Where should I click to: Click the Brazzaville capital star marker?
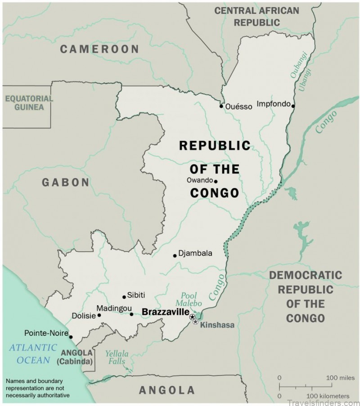coord(193,317)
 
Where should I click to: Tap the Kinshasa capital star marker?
coord(195,321)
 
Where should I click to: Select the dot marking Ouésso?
coord(221,106)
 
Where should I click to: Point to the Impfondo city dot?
coord(293,106)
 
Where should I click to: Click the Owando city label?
coord(199,180)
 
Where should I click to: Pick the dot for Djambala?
coord(175,255)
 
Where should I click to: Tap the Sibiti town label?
coord(136,295)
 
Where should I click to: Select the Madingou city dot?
coord(131,314)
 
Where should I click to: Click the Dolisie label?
coord(84,316)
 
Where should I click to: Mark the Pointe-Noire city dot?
coord(71,336)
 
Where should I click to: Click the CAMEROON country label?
coord(99,49)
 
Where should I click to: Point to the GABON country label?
coord(66,182)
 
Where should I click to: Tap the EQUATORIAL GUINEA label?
coord(29,103)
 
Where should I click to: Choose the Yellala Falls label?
coord(117,357)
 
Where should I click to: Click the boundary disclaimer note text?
coord(38,388)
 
